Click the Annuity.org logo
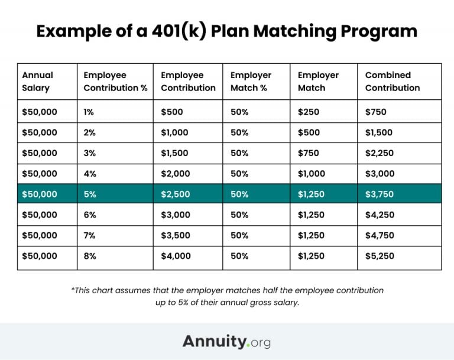tap(226, 341)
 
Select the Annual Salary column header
tap(38, 82)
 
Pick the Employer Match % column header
tap(251, 82)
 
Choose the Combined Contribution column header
tap(393, 82)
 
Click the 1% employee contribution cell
tap(89, 112)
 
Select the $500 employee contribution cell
tap(171, 112)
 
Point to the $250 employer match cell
tap(309, 112)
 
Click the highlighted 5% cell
tap(90, 194)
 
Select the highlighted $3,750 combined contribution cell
tap(380, 194)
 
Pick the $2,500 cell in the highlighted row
tap(176, 194)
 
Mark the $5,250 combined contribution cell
tap(380, 256)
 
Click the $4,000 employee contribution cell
tap(176, 256)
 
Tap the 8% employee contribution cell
tap(90, 256)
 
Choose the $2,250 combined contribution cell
tap(380, 153)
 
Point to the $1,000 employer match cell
tap(311, 174)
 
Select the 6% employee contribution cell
tap(90, 215)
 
